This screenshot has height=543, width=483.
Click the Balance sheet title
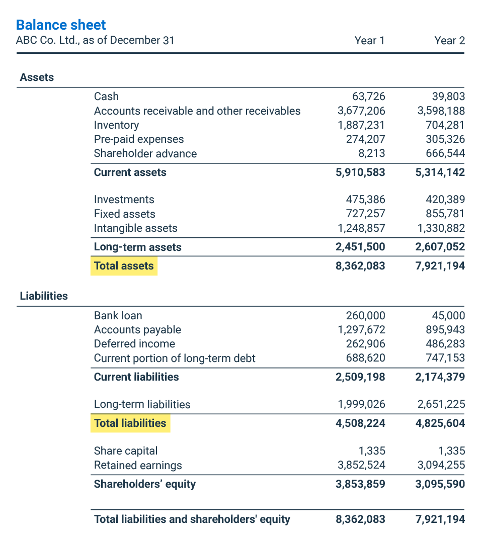61,25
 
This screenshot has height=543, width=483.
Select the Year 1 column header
369,41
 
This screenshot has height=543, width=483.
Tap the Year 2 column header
449,41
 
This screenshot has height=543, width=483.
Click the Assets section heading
37,77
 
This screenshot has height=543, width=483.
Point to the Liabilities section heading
44,296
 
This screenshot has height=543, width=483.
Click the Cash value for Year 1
369,97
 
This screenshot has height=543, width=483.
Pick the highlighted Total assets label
124,266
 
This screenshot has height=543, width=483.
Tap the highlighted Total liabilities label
130,423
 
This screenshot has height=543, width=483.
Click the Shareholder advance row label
145,154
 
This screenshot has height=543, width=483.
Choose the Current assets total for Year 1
360,172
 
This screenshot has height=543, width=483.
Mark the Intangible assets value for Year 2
441,228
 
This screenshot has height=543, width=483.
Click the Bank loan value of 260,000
365,316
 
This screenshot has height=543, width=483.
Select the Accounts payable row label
137,330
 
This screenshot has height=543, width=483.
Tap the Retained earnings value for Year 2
441,466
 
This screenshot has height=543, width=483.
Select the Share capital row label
126,451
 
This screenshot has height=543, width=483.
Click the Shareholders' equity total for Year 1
360,484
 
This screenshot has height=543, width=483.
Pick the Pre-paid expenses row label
139,139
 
